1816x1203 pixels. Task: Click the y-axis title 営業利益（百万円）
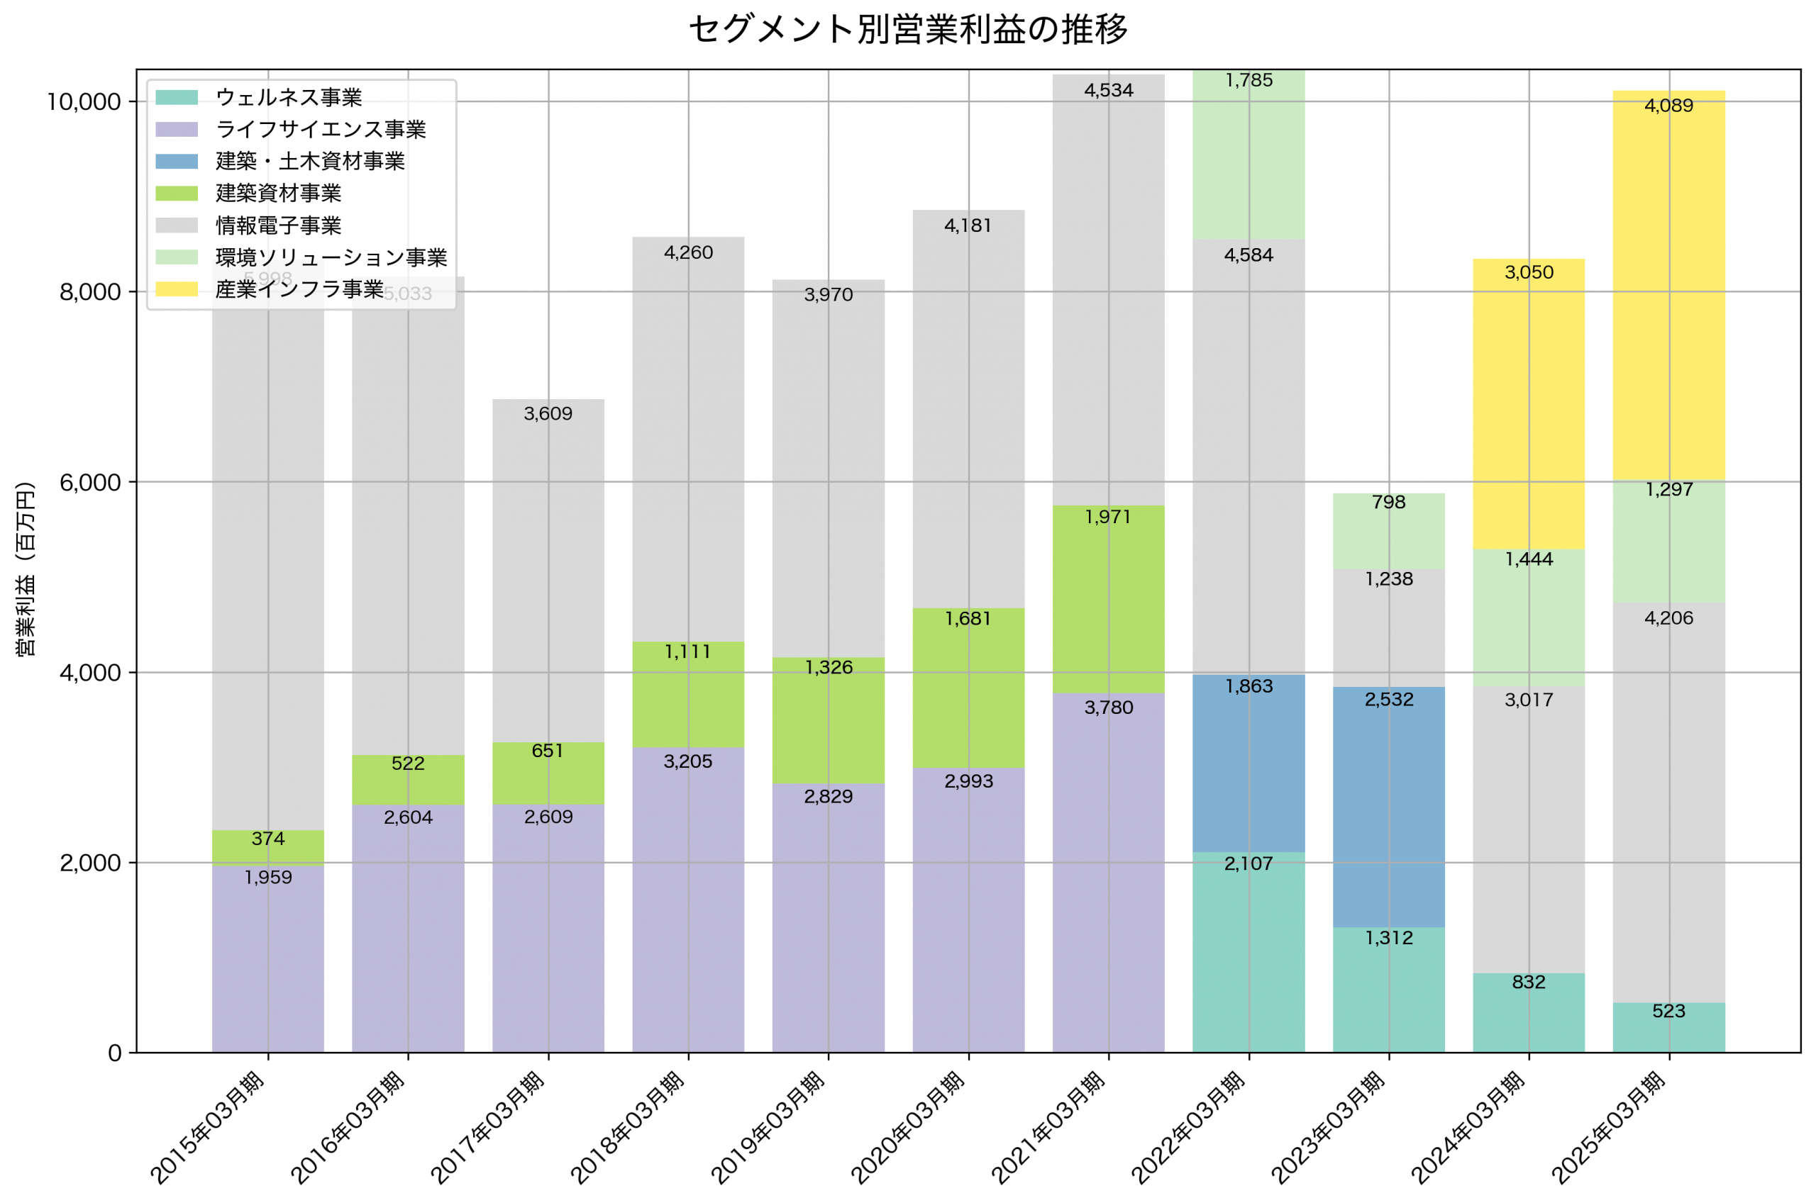tap(26, 569)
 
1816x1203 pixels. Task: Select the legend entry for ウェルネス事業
tap(289, 97)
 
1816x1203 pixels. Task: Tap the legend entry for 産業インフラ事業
tap(299, 289)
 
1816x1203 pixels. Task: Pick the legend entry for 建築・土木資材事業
tap(310, 161)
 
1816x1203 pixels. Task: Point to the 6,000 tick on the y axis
tap(90, 483)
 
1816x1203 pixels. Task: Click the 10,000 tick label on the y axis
tap(84, 102)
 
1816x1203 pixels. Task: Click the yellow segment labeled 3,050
tap(1528, 404)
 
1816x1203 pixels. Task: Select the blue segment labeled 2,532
tap(1388, 807)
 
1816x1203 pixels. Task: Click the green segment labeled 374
tap(268, 849)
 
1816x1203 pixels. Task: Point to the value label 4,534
tap(1108, 91)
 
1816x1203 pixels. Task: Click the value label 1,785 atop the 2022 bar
tap(1248, 81)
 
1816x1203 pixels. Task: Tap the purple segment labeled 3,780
tap(1108, 873)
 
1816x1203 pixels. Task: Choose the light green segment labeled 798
tap(1388, 531)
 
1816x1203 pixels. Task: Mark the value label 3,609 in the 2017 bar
tap(548, 414)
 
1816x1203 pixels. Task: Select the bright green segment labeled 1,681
tap(968, 688)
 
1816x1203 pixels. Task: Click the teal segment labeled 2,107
tap(1248, 952)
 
